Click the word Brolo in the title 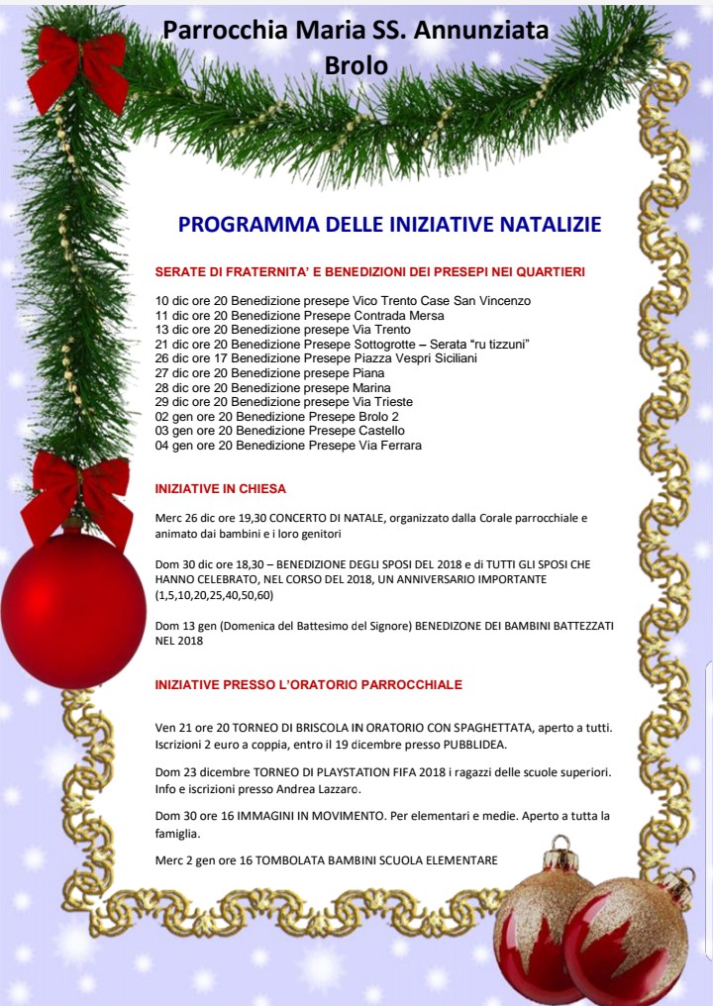[x=356, y=64]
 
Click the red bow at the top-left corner [x=77, y=66]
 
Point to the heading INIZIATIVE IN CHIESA [x=221, y=488]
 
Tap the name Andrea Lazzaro [x=323, y=789]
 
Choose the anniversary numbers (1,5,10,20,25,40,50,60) [x=214, y=595]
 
